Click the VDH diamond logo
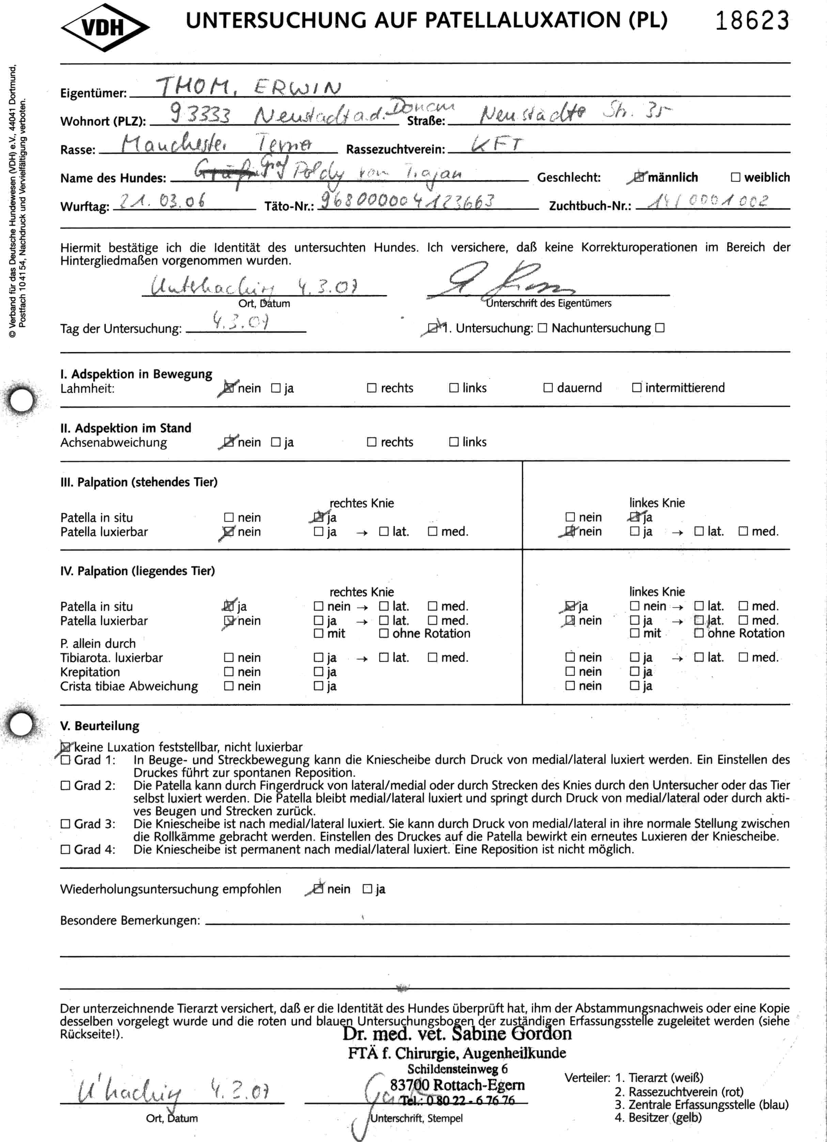pyautogui.click(x=105, y=28)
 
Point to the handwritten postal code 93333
pyautogui.click(x=200, y=114)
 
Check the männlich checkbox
pyautogui.click(x=639, y=177)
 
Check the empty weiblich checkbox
pyautogui.click(x=735, y=177)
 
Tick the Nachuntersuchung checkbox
pyautogui.click(x=660, y=328)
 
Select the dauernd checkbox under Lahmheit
pyautogui.click(x=548, y=388)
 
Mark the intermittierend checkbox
pyautogui.click(x=637, y=388)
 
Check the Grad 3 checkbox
pyautogui.click(x=65, y=824)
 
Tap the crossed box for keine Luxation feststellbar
pyautogui.click(x=65, y=747)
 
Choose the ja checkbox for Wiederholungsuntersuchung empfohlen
pyautogui.click(x=368, y=889)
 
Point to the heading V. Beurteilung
pyautogui.click(x=100, y=726)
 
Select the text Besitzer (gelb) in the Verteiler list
pyautogui.click(x=665, y=1117)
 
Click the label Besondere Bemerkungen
pyautogui.click(x=130, y=921)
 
